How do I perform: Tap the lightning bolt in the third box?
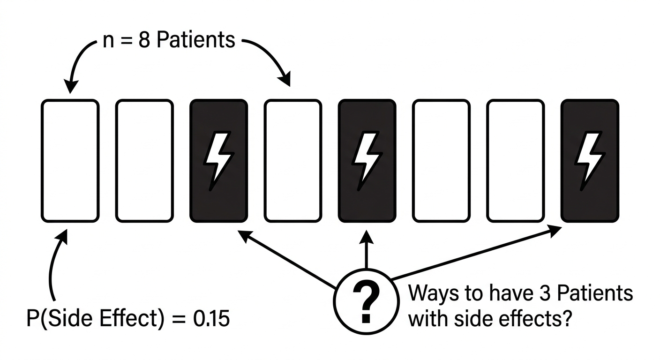coord(218,161)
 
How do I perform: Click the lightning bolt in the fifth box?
coord(367,161)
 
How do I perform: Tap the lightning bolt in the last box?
coord(590,161)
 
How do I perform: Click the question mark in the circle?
coord(366,301)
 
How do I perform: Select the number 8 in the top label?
coord(144,40)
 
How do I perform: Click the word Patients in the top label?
coord(196,40)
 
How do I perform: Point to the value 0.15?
coord(211,318)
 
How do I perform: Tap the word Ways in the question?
coord(433,294)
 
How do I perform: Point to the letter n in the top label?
coord(108,42)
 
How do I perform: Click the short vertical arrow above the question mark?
coord(367,249)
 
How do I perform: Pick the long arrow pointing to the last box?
coord(476,253)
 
